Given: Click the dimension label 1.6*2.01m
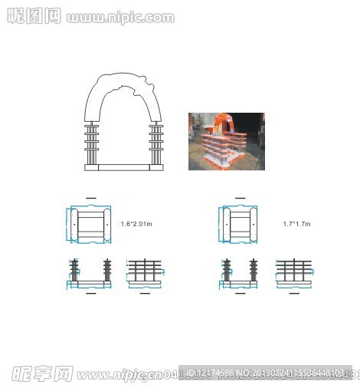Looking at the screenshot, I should pyautogui.click(x=136, y=223).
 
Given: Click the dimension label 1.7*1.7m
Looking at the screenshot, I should pyautogui.click(x=296, y=223).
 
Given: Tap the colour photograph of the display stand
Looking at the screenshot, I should pyautogui.click(x=226, y=141).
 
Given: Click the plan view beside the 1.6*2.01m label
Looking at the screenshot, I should pyautogui.click(x=91, y=223).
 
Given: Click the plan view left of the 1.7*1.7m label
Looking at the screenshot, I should pyautogui.click(x=241, y=223).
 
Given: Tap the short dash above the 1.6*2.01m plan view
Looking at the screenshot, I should pyautogui.click(x=91, y=198).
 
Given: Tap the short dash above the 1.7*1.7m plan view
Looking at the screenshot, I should pyautogui.click(x=241, y=198).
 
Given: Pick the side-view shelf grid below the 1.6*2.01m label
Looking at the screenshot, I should pyautogui.click(x=145, y=272).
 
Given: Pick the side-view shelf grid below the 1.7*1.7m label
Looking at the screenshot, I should pyautogui.click(x=294, y=272).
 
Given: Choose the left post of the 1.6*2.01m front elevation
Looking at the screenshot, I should pyautogui.click(x=75, y=272).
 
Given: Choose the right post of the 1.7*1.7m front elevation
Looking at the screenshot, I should pyautogui.click(x=255, y=272).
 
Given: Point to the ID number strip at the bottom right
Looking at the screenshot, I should pyautogui.click(x=268, y=373).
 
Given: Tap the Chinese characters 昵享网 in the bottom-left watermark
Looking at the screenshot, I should pyautogui.click(x=41, y=373).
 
